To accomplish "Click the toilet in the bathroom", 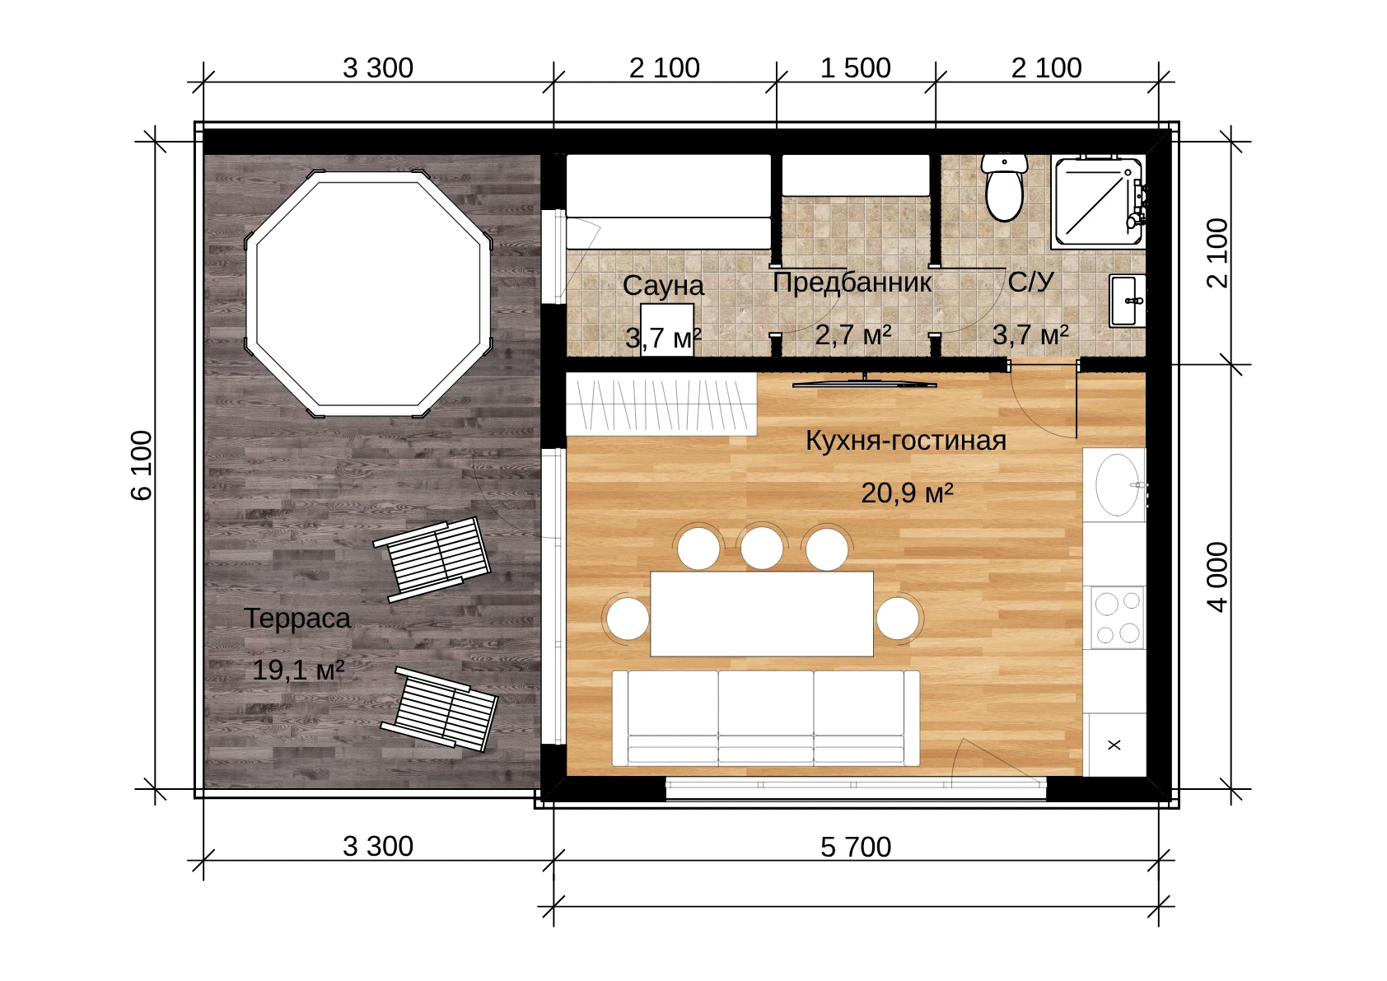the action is (1004, 188).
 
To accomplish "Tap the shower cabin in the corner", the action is (1098, 200).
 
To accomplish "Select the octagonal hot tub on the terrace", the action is (368, 294).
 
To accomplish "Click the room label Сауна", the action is (663, 286).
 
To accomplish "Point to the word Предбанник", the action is (852, 283).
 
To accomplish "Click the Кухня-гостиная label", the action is (905, 441).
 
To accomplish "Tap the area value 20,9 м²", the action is (907, 493).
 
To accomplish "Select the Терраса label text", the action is (297, 618).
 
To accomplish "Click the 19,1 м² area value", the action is (298, 670).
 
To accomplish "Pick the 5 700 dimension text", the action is (856, 847).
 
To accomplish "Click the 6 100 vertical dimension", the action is (142, 465).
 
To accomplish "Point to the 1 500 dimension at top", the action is (856, 68).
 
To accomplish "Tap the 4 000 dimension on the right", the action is (1217, 577).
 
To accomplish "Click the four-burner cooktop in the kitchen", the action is (1118, 618).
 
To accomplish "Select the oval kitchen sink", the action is (1118, 484).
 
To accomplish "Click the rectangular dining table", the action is (762, 614).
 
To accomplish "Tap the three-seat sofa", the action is (765, 718).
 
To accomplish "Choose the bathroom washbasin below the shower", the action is (1126, 301).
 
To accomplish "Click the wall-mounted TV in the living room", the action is (864, 383).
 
